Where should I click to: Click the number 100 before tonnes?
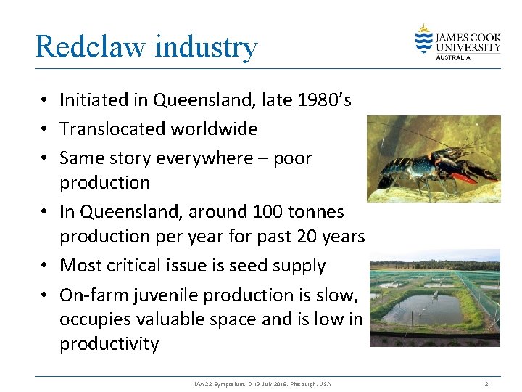pos(268,212)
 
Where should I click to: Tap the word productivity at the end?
pos(109,343)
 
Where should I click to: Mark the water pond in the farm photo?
pos(423,309)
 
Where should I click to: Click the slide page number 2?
pos(486,383)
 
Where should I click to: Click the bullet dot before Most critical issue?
pos(45,266)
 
